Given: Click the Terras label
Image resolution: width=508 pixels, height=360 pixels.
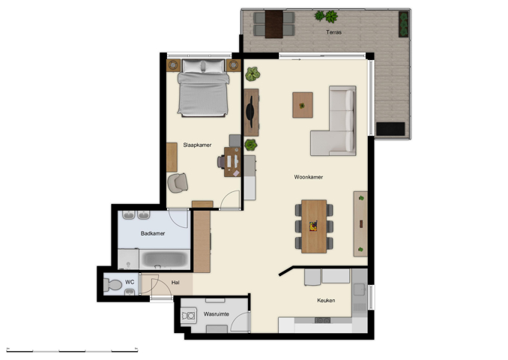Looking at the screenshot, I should click(x=334, y=33).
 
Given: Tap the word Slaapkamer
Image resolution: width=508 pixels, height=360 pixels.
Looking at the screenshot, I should click(x=197, y=145).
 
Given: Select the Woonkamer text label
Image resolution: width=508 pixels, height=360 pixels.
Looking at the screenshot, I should click(x=308, y=177).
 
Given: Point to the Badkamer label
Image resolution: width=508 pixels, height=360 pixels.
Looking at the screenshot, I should click(x=153, y=234).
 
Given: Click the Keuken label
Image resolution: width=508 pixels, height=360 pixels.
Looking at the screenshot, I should click(x=326, y=300).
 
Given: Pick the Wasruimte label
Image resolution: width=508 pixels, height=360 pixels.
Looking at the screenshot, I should click(x=217, y=314).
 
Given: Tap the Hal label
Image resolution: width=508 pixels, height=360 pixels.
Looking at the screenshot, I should click(x=175, y=283).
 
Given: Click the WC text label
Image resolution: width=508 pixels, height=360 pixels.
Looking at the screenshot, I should click(x=130, y=283).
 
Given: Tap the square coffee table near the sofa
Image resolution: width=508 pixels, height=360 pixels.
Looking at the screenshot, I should click(x=302, y=105).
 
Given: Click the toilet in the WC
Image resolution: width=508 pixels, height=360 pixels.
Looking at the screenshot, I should click(x=113, y=284).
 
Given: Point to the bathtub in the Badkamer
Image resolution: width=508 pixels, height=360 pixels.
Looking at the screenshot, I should click(x=165, y=259).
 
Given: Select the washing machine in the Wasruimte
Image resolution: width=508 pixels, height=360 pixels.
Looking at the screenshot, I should click(x=187, y=316).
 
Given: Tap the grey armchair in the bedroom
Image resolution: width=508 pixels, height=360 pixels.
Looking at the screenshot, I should click(x=177, y=182).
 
